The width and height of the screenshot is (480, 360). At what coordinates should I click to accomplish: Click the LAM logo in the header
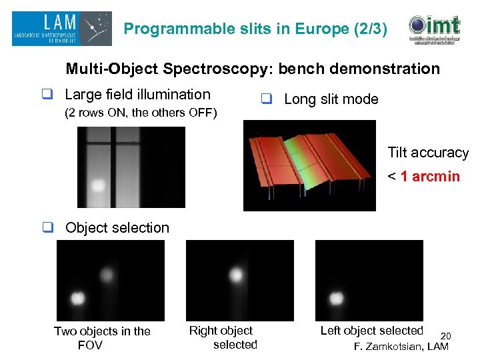tap(61, 29)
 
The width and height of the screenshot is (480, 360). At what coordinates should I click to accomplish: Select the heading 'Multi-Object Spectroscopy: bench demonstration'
tap(253, 69)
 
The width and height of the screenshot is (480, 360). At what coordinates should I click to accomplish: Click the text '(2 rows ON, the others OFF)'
tap(140, 113)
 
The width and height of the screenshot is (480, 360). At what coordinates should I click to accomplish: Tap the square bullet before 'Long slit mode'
tap(266, 100)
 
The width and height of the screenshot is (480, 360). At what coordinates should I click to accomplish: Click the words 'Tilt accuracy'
tap(428, 153)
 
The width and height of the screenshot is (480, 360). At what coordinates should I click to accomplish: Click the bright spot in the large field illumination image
tap(99, 184)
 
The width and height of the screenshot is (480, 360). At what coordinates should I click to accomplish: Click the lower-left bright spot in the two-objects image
tap(77, 297)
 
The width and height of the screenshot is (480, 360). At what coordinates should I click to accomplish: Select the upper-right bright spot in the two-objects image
tap(106, 273)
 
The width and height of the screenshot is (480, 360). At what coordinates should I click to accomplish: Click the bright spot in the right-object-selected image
tap(235, 274)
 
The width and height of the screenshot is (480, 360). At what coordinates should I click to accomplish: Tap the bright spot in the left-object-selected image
tap(337, 298)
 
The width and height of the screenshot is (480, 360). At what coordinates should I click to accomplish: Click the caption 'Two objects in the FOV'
tap(102, 338)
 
